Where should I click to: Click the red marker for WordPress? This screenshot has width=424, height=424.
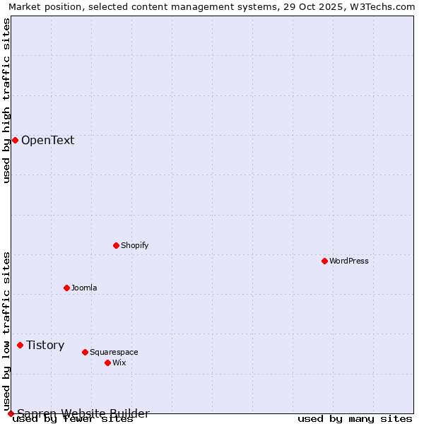coord(324,261)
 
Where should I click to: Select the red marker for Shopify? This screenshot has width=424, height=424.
coord(116,245)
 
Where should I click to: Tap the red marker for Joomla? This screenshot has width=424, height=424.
coord(66,288)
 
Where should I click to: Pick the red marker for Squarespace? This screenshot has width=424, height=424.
coord(85,352)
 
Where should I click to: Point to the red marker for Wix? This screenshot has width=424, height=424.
coord(107,363)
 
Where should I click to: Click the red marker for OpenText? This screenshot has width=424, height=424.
coord(15,140)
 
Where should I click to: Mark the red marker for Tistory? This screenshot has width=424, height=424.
coord(20,345)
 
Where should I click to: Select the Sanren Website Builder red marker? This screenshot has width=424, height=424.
coord(11,413)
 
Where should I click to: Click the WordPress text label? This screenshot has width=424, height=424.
coord(349,261)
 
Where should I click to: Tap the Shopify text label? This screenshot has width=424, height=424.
coord(134,245)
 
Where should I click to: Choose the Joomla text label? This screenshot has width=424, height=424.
coord(84,288)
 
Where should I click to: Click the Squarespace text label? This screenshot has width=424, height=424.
coord(114,352)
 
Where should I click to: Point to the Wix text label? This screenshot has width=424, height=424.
coord(119,363)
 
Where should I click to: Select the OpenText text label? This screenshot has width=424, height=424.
coord(47,140)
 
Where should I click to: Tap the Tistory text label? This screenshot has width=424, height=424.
coord(45,345)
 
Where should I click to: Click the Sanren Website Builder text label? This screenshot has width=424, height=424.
coord(83,413)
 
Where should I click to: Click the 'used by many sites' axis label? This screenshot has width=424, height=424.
coord(355,419)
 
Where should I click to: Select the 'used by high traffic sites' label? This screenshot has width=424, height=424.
coord(6,100)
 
